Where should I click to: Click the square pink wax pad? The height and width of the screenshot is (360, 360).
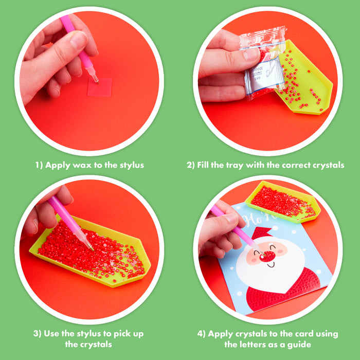click(100, 87)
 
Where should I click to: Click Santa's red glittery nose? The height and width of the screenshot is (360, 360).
click(268, 256)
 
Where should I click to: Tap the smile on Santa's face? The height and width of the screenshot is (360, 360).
click(271, 265)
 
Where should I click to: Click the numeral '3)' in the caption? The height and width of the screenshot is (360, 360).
click(37, 334)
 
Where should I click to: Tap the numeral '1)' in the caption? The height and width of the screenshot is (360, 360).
click(39, 165)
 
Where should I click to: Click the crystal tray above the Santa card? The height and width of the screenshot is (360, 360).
click(283, 202)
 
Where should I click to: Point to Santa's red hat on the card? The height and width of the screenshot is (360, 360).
click(262, 232)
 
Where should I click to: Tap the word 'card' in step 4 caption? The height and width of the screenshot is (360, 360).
click(302, 334)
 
